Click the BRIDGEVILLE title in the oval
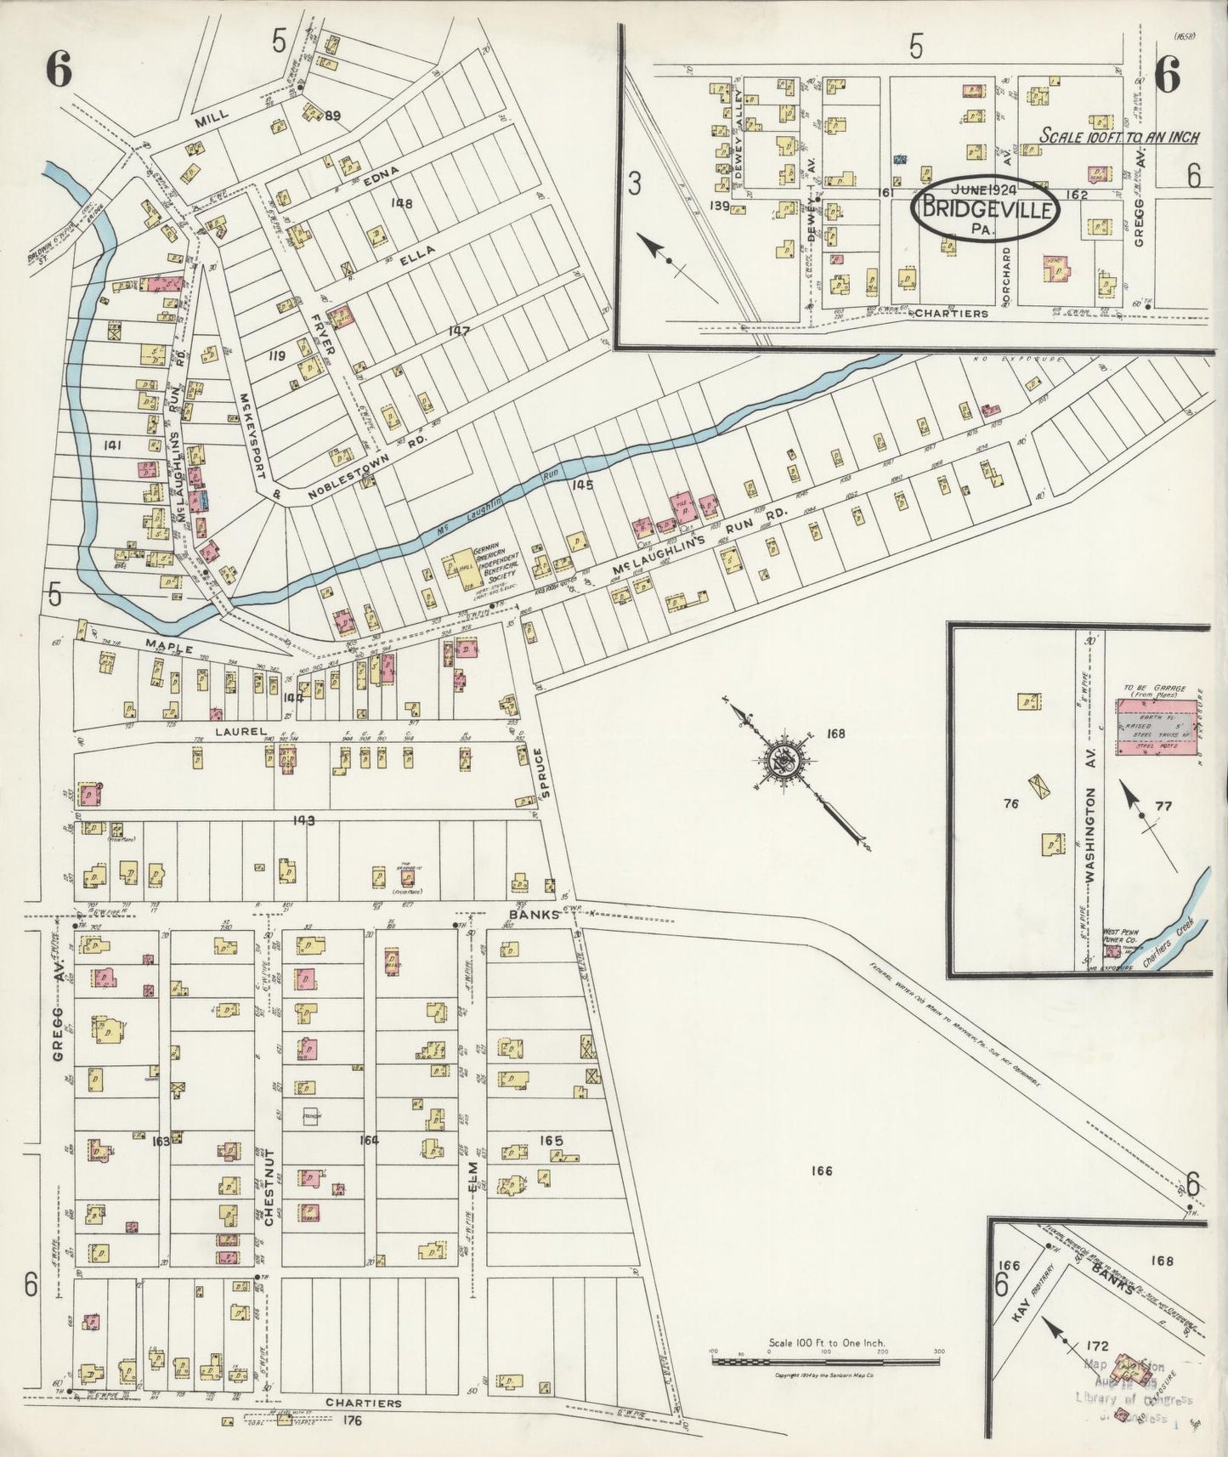(x=986, y=209)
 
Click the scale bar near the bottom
(x=825, y=1360)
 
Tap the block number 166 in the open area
(x=821, y=1171)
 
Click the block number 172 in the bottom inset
(x=1098, y=1346)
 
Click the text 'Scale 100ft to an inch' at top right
(x=1119, y=136)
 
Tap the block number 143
(x=304, y=820)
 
